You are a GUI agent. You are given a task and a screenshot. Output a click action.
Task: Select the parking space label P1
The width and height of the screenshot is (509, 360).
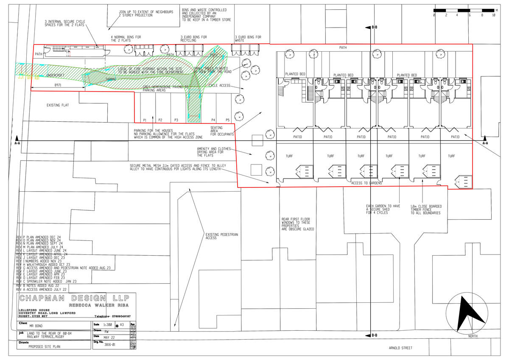(145, 120)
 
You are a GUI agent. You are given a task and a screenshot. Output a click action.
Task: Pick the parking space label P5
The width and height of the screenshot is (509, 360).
(227, 120)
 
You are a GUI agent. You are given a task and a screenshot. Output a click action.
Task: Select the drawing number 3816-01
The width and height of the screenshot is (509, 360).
(109, 345)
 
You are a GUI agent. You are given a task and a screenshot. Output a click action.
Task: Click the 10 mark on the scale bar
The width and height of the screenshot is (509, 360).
(493, 15)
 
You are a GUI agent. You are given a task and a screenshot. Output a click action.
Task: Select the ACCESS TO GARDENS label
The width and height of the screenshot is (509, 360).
(366, 183)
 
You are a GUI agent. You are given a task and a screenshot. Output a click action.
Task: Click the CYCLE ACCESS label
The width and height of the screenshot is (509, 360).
(219, 86)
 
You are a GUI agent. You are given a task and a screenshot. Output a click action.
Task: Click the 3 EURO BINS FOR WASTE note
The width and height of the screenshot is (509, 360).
(248, 39)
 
